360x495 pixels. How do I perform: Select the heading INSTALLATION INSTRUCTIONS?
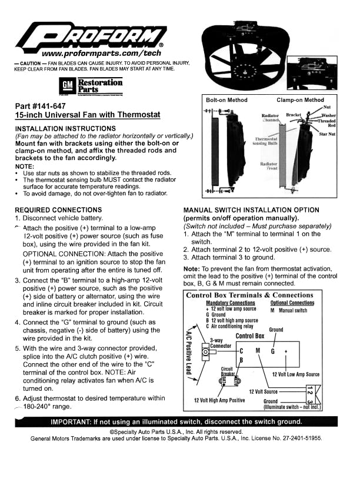[65, 128]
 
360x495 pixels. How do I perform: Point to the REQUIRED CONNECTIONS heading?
[58, 210]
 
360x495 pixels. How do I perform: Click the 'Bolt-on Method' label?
[226, 100]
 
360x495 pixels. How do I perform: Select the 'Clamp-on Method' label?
[300, 100]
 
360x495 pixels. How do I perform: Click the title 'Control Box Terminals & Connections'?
[249, 295]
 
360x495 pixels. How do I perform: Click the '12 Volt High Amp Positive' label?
[219, 400]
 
